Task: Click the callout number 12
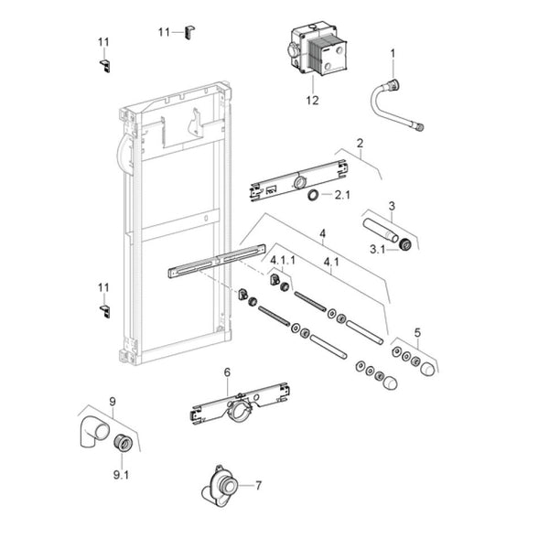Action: (312, 100)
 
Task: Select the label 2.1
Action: (341, 195)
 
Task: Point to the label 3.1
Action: (378, 249)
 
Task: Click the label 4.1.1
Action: (283, 260)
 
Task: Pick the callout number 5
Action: (417, 332)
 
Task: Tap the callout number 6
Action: (227, 372)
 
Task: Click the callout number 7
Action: (259, 485)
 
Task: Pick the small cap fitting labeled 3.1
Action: (403, 244)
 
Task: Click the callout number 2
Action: (361, 144)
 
